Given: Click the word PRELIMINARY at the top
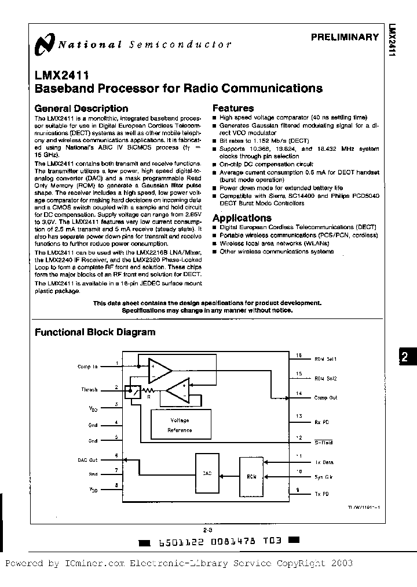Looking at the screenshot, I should pyautogui.click(x=345, y=37).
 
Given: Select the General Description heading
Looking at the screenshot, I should pyautogui.click(x=81, y=108).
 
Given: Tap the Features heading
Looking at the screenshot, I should pyautogui.click(x=233, y=108).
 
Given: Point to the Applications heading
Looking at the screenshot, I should pyautogui.click(x=242, y=218).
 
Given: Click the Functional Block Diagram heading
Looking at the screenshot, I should pyautogui.click(x=95, y=332).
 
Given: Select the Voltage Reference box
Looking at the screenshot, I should pyautogui.click(x=180, y=425).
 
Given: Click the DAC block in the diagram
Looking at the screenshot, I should pyautogui.click(x=207, y=473).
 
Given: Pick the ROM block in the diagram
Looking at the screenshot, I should pyautogui.click(x=251, y=476).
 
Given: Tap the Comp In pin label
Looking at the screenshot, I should pyautogui.click(x=87, y=367).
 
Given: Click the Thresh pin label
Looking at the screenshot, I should pyautogui.click(x=89, y=390).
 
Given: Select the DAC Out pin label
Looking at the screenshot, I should pyautogui.click(x=89, y=459).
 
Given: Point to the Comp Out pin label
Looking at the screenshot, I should pyautogui.click(x=325, y=398).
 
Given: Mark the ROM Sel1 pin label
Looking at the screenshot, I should pyautogui.click(x=325, y=360).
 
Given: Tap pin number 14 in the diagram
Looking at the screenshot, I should pyautogui.click(x=299, y=393).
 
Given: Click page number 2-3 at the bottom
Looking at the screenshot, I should pyautogui.click(x=208, y=530).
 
